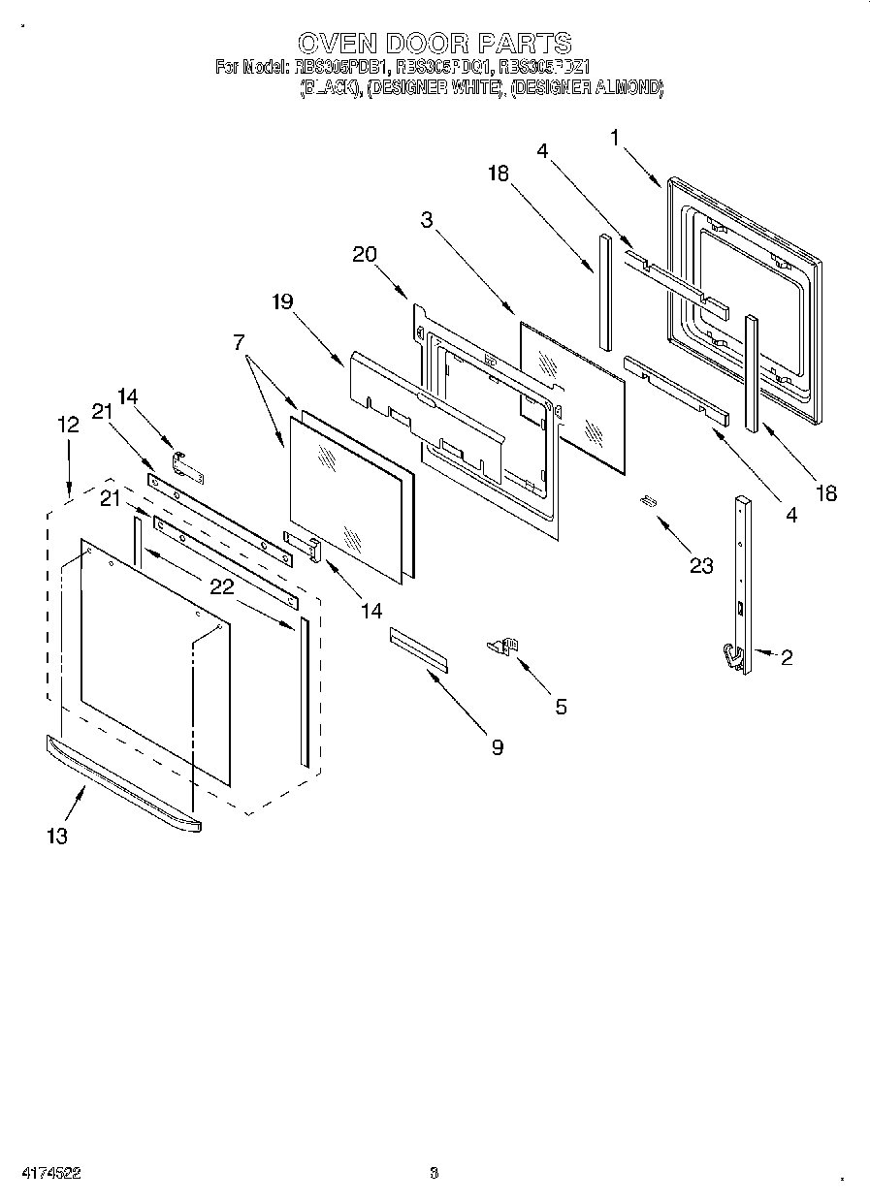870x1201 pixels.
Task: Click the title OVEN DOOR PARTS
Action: pyautogui.click(x=434, y=44)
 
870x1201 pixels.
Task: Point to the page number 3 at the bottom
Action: pyautogui.click(x=434, y=1173)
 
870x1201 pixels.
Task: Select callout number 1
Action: pyautogui.click(x=615, y=138)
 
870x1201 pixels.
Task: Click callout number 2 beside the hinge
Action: pyautogui.click(x=786, y=658)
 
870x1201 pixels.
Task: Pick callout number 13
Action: pyautogui.click(x=57, y=837)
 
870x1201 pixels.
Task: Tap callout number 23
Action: pyautogui.click(x=700, y=566)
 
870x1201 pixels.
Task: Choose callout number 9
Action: pyautogui.click(x=497, y=746)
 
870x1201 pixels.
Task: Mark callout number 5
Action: pyautogui.click(x=561, y=707)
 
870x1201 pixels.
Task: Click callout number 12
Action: pyautogui.click(x=67, y=424)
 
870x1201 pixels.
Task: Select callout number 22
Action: pyautogui.click(x=221, y=585)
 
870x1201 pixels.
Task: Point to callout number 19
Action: pyautogui.click(x=281, y=301)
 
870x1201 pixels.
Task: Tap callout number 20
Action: pyautogui.click(x=364, y=254)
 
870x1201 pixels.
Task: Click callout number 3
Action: pyautogui.click(x=427, y=219)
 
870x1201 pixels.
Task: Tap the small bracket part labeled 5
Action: pyautogui.click(x=505, y=647)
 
